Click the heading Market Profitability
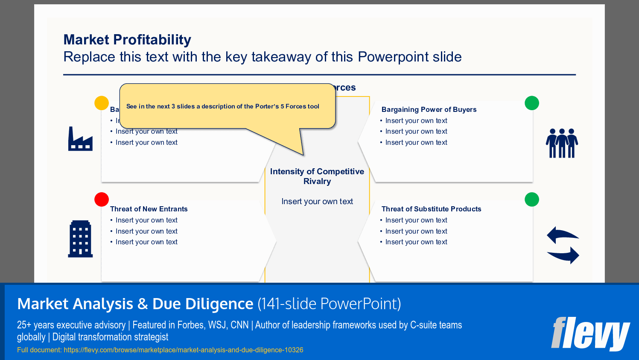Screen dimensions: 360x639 [x=127, y=40]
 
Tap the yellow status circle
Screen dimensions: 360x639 [x=102, y=103]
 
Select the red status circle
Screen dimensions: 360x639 [x=102, y=199]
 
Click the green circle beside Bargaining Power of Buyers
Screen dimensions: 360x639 [x=532, y=103]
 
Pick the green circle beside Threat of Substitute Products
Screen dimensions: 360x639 [x=532, y=199]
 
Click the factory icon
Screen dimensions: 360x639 [x=80, y=139]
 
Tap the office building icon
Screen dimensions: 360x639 [x=80, y=239]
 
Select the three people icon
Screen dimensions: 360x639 [x=562, y=143]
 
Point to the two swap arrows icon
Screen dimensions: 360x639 [x=563, y=245]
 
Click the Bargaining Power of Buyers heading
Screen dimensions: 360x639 [x=429, y=110]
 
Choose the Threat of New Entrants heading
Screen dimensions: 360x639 [x=149, y=209]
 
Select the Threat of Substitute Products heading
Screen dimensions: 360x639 [x=431, y=209]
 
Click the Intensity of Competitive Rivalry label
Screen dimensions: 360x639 [x=317, y=176]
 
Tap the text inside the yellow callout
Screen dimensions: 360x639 [x=223, y=106]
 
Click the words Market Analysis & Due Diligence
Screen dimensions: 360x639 [x=135, y=304]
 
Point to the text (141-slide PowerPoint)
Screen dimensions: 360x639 [x=329, y=304]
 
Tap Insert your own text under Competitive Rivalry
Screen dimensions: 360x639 [x=317, y=202]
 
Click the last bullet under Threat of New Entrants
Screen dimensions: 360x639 [x=146, y=242]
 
